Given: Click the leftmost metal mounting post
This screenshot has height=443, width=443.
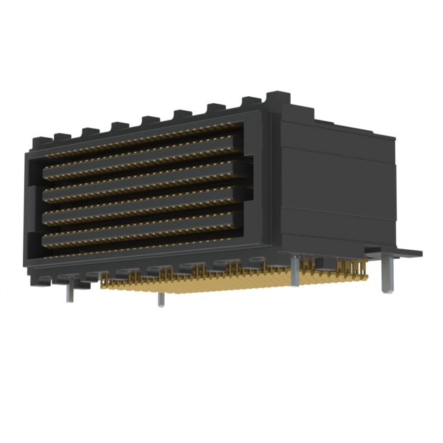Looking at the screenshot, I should coord(69,293).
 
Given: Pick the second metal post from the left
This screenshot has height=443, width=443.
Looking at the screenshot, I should coord(161,299).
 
